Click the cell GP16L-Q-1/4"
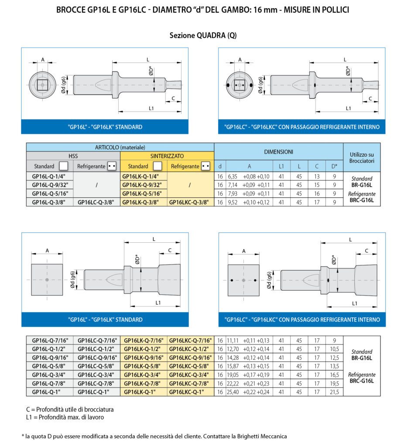48,176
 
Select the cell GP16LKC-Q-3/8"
189,203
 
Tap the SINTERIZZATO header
167,156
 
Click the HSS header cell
73,156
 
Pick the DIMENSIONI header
278,152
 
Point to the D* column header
334,166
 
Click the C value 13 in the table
317,176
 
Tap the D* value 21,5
334,392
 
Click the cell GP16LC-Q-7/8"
96,383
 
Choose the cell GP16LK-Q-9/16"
144,358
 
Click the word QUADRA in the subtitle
211,35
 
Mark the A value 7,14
233,185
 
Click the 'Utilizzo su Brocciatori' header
362,158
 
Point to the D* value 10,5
334,349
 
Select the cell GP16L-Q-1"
46,392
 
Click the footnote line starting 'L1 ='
65,417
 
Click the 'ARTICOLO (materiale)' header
120,148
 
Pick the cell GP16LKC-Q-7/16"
190,340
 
